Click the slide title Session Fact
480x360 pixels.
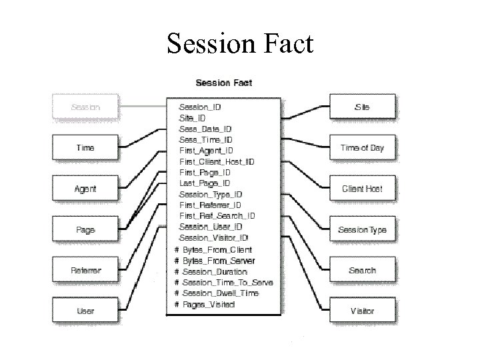click(x=240, y=44)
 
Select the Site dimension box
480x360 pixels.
click(x=362, y=107)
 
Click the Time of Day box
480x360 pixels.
click(x=362, y=147)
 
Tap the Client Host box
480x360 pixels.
click(x=362, y=189)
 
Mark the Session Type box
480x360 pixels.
click(x=362, y=230)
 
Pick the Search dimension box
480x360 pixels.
click(x=362, y=271)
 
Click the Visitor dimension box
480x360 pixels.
click(x=362, y=311)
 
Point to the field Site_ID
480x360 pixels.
click(x=193, y=118)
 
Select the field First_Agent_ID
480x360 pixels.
click(x=206, y=151)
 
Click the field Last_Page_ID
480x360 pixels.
click(x=205, y=183)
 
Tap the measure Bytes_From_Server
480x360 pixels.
click(x=219, y=261)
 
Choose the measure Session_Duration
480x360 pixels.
click(x=215, y=271)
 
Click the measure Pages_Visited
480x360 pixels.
click(x=209, y=304)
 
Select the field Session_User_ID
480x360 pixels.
click(x=211, y=227)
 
